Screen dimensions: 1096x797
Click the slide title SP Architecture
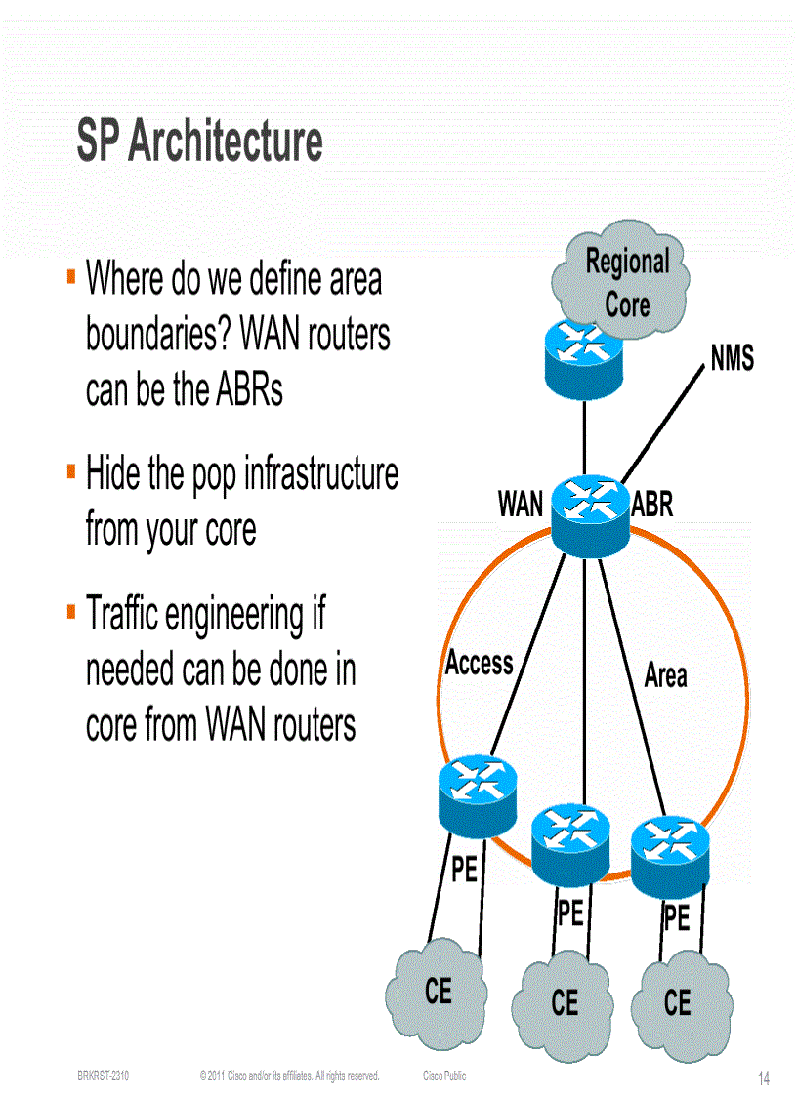pos(199,142)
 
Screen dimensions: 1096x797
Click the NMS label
pos(732,359)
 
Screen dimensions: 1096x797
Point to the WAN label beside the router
pos(520,505)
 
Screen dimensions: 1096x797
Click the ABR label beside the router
pos(652,505)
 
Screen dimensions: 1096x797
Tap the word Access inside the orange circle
pos(479,664)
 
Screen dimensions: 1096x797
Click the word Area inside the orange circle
pos(665,675)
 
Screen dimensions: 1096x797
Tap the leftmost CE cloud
pos(438,992)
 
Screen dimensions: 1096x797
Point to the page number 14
pos(764,1078)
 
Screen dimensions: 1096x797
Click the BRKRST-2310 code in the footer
pos(103,1076)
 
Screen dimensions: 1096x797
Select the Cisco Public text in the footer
pos(444,1076)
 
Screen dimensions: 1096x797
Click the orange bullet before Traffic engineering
pos(71,612)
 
